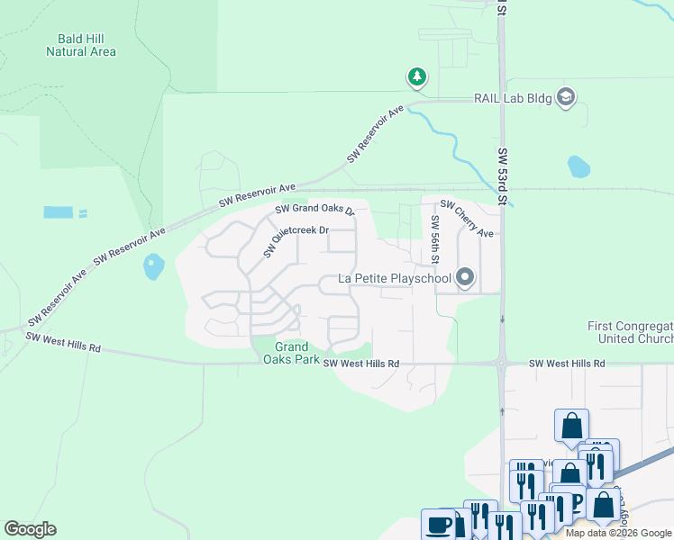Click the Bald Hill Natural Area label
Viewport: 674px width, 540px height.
point(81,45)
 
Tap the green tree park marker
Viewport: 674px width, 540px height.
point(416,77)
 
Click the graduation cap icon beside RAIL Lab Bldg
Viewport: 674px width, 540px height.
point(566,97)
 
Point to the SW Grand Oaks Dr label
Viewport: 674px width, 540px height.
point(315,210)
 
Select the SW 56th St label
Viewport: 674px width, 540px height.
point(434,239)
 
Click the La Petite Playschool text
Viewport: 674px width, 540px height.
point(394,278)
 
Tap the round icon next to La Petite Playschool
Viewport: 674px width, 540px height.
point(465,277)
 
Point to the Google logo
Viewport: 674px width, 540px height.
point(30,529)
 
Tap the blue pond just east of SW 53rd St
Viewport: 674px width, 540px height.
point(578,166)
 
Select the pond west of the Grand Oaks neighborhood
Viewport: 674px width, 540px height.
point(154,266)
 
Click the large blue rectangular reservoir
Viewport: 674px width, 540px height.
point(58,212)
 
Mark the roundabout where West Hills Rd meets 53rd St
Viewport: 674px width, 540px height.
point(501,364)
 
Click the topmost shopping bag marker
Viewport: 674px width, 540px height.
point(571,425)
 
